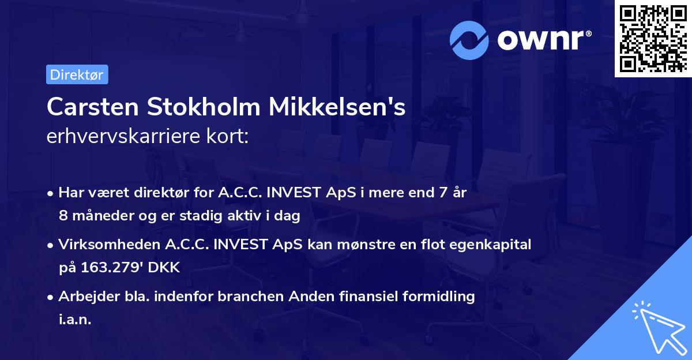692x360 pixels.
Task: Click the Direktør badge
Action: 77,74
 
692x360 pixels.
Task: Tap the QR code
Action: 653,39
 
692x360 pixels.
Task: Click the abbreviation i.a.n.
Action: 75,319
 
